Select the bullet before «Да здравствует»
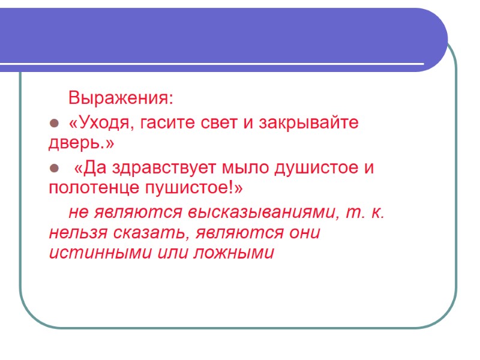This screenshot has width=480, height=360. click(x=53, y=168)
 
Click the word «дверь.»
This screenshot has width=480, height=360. click(x=80, y=145)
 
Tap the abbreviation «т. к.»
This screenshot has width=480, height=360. click(x=367, y=212)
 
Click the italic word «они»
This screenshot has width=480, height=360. click(x=304, y=232)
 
